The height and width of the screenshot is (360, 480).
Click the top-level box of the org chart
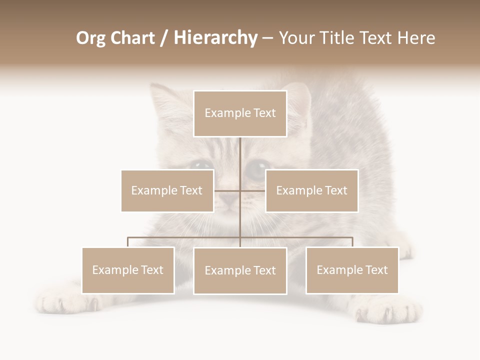240,113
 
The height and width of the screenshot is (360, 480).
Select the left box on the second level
167,190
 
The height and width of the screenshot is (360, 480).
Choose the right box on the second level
311,190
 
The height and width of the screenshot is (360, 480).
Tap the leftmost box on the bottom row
128,270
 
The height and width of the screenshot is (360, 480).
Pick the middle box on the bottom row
240,270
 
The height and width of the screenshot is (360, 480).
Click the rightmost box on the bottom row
352,270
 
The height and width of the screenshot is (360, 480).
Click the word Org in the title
90,38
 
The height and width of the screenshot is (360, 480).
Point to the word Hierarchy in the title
215,38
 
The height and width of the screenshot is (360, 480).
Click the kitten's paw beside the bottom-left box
57,302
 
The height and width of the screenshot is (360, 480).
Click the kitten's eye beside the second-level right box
256,168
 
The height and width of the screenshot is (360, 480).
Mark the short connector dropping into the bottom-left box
128,242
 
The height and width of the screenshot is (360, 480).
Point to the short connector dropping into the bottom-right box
352,242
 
